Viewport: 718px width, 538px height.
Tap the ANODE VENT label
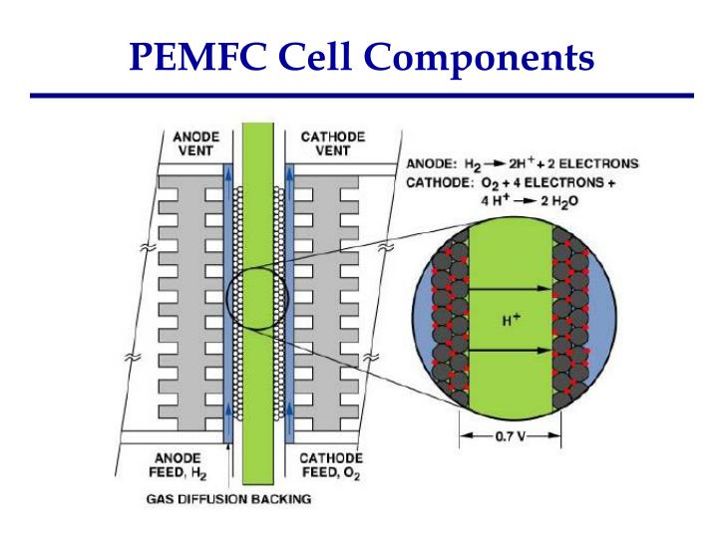pos(190,142)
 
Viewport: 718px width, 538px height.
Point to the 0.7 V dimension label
pos(510,436)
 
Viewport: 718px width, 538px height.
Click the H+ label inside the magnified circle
pos(511,320)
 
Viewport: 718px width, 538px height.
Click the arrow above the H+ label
pos(511,289)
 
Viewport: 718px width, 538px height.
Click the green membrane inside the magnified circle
pos(511,249)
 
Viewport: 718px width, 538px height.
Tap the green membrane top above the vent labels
pos(258,134)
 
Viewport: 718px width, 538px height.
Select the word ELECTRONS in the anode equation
pos(603,163)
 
